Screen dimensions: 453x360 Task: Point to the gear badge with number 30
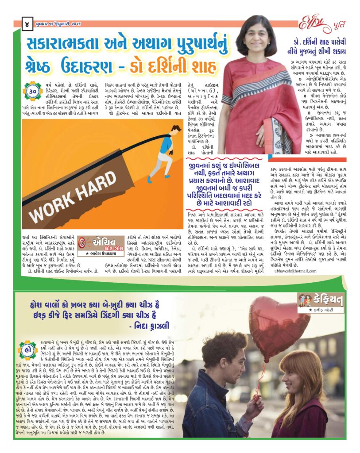(32, 92)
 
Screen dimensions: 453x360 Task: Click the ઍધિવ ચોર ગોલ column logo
(101, 244)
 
